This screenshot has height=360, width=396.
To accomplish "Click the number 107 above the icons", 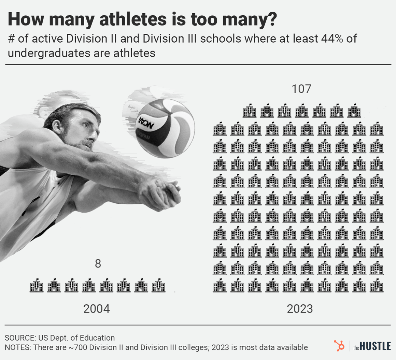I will (301, 89).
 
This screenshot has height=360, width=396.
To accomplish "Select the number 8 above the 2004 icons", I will (98, 264).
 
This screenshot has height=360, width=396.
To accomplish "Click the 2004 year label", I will (97, 309).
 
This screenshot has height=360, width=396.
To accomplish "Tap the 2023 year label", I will (300, 309).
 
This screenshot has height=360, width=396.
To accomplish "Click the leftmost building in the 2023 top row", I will (250, 111).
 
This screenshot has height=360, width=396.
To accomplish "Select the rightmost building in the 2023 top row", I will (354, 111).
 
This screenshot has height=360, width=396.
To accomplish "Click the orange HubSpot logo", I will (339, 346).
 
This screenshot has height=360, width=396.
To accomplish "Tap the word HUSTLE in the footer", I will (375, 346).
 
